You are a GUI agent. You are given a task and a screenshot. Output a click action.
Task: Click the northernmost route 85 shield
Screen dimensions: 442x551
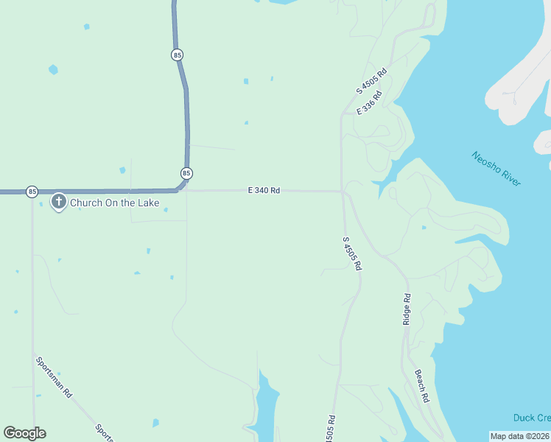(x=177, y=55)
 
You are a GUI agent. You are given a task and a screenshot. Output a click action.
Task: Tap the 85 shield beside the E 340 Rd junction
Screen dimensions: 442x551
(x=186, y=173)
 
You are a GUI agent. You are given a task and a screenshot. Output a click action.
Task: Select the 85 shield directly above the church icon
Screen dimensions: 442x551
(x=32, y=192)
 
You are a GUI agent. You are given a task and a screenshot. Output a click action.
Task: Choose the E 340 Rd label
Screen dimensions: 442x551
(x=264, y=190)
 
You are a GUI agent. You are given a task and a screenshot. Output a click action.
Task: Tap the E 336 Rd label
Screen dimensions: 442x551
(x=370, y=102)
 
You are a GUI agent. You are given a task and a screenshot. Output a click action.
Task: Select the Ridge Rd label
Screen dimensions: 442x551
(x=407, y=309)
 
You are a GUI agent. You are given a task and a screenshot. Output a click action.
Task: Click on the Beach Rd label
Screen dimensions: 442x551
(x=422, y=385)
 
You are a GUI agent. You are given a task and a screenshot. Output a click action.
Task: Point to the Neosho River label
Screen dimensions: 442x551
(x=496, y=169)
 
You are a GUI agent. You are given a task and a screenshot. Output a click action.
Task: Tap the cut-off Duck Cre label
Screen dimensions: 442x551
(x=532, y=418)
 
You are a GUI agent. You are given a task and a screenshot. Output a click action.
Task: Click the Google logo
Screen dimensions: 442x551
(x=24, y=433)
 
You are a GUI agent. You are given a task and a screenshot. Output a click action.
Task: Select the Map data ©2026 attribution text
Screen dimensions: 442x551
(x=519, y=436)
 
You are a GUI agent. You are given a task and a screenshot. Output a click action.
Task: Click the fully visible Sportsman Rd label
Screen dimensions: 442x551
(x=54, y=377)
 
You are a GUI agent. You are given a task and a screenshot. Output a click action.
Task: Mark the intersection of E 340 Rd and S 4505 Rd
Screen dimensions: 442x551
(x=342, y=192)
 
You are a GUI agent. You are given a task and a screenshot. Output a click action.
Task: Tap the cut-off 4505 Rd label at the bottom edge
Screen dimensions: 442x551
(x=331, y=429)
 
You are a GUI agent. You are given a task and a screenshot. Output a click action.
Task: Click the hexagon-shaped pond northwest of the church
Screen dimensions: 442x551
(x=53, y=70)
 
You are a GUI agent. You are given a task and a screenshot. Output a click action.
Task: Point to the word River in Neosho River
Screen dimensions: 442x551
(x=508, y=177)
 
